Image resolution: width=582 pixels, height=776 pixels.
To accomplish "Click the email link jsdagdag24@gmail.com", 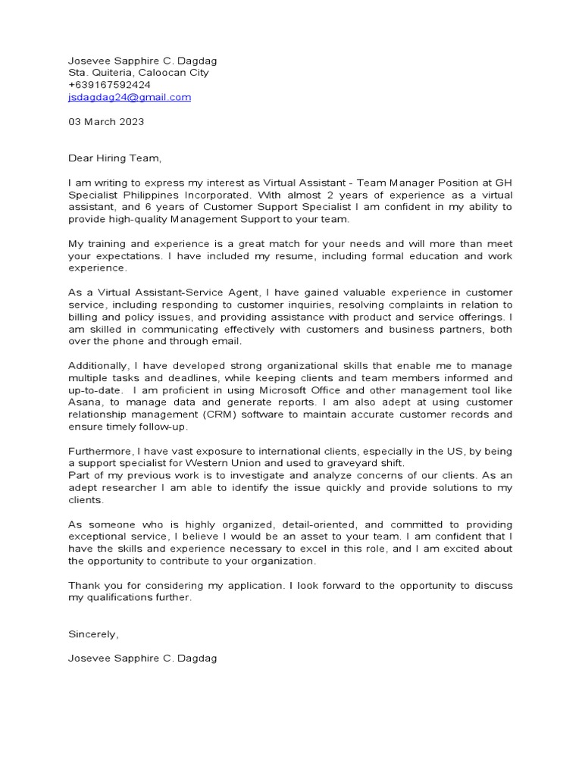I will tap(130, 98).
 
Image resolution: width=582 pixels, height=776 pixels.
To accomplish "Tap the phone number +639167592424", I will tap(109, 85).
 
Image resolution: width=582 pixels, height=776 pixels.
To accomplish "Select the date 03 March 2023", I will tap(106, 121).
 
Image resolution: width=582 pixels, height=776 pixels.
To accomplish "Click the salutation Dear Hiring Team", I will tap(115, 158).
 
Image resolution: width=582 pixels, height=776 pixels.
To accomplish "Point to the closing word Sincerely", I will tap(94, 634).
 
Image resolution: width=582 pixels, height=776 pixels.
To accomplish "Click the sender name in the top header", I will tap(142, 61).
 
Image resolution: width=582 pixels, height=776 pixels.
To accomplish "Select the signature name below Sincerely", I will tap(142, 659).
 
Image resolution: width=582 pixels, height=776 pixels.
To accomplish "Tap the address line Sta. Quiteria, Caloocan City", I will tap(139, 73).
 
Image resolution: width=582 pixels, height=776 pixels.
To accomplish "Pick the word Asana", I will tap(83, 402).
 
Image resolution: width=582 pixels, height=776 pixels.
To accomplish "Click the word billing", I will tap(83, 317).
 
